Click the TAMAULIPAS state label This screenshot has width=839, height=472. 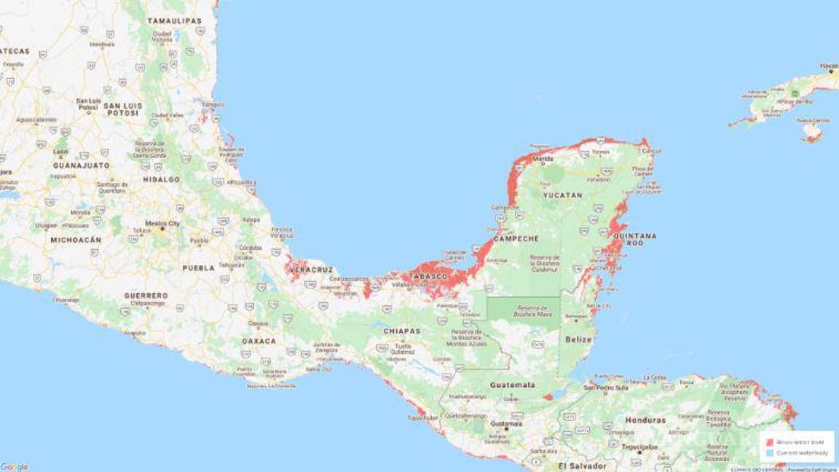[x=174, y=21]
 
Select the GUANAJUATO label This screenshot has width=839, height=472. [x=81, y=165]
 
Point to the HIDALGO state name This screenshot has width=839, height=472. [x=161, y=179]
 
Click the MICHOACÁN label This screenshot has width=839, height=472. [x=76, y=240]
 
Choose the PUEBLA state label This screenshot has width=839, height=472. [x=198, y=268]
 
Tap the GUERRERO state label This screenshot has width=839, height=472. [x=146, y=296]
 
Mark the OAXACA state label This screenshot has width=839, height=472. [x=259, y=341]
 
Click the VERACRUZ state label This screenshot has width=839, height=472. [x=311, y=270]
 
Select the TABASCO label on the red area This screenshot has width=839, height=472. [x=428, y=277]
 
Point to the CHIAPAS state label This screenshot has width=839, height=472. [x=401, y=331]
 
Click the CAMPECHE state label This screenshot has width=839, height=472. [x=516, y=238]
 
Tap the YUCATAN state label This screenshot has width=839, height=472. [x=562, y=195]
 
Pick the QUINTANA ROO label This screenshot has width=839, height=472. [x=634, y=239]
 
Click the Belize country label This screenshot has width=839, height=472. [x=579, y=339]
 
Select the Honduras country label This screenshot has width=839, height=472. [x=645, y=420]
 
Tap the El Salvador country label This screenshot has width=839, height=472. [x=582, y=465]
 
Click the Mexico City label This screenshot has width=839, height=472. [x=162, y=224]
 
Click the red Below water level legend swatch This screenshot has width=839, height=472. [x=769, y=442]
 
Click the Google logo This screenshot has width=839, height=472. [x=15, y=466]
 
